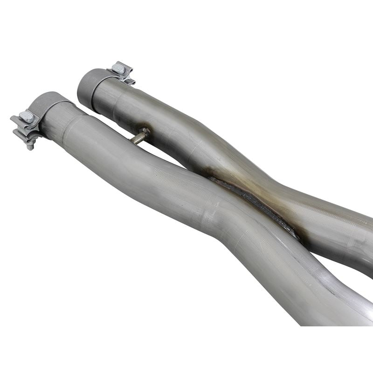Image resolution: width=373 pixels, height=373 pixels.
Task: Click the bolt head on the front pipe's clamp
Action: [x=28, y=117]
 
